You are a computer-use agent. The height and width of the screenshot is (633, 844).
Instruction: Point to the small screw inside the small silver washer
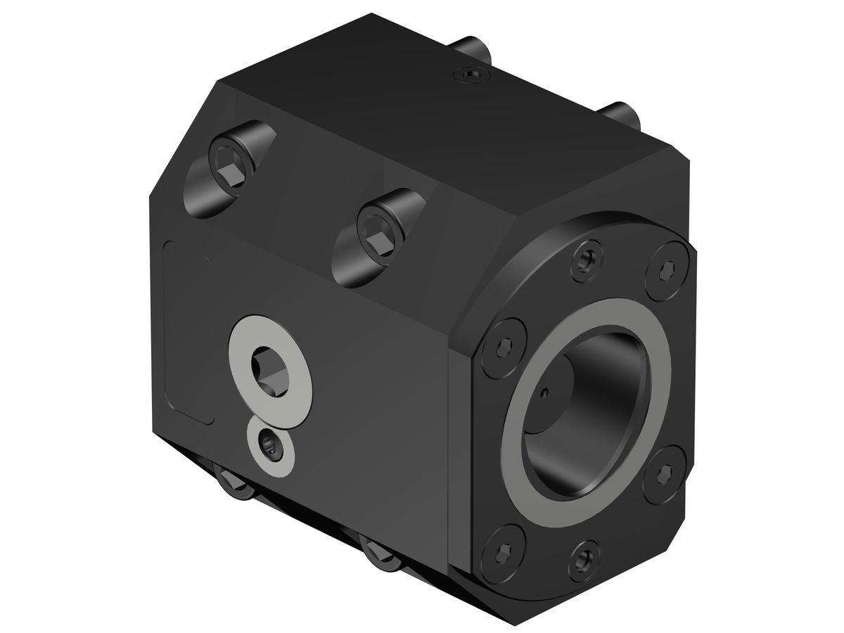pyautogui.click(x=270, y=445)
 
